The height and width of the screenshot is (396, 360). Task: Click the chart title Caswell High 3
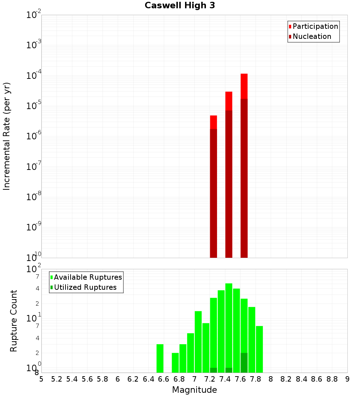(x=180, y=6)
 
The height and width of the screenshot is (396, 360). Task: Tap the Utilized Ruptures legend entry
(x=85, y=288)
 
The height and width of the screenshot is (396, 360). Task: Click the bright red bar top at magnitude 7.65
(x=244, y=86)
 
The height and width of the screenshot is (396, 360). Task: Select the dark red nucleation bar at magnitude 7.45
(x=229, y=184)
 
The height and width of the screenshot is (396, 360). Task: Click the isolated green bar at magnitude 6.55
(x=160, y=358)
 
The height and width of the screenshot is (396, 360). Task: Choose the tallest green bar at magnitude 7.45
(x=229, y=324)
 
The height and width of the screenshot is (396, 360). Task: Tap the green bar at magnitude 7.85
(x=259, y=349)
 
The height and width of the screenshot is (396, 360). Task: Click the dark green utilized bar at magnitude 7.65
(x=244, y=363)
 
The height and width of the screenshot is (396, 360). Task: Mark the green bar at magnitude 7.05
(x=198, y=342)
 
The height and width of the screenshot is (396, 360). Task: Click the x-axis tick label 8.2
(x=286, y=379)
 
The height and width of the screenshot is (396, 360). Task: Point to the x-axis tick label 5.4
(x=72, y=379)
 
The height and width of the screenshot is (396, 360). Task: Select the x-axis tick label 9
(x=347, y=379)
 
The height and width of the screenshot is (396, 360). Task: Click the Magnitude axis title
(x=194, y=390)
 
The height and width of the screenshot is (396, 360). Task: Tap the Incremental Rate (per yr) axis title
(x=7, y=136)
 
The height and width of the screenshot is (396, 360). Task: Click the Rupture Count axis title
(x=14, y=321)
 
